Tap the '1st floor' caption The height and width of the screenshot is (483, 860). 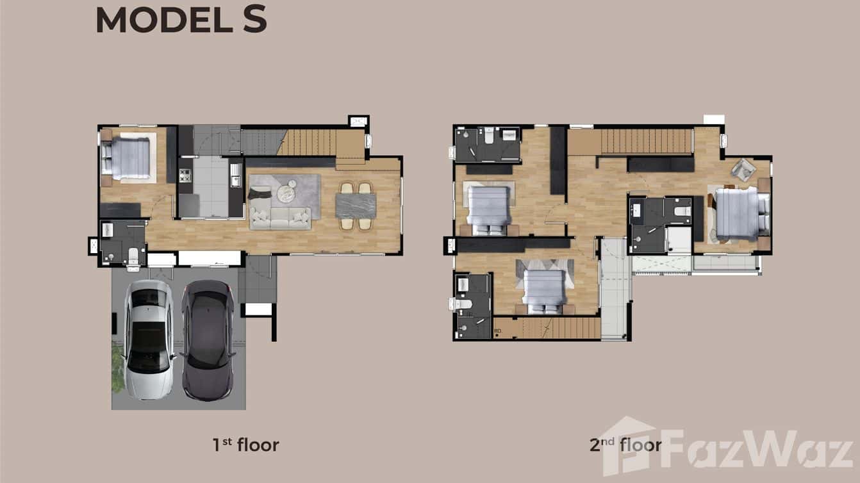246,444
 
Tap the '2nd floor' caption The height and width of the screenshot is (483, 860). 625,444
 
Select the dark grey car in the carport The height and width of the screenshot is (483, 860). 207,339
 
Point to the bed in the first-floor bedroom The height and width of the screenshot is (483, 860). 127,158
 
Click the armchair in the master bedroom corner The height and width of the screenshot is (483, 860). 743,169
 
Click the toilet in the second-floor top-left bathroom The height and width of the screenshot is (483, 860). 488,136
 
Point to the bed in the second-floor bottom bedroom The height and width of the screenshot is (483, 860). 545,288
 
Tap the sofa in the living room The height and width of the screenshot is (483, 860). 280,217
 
